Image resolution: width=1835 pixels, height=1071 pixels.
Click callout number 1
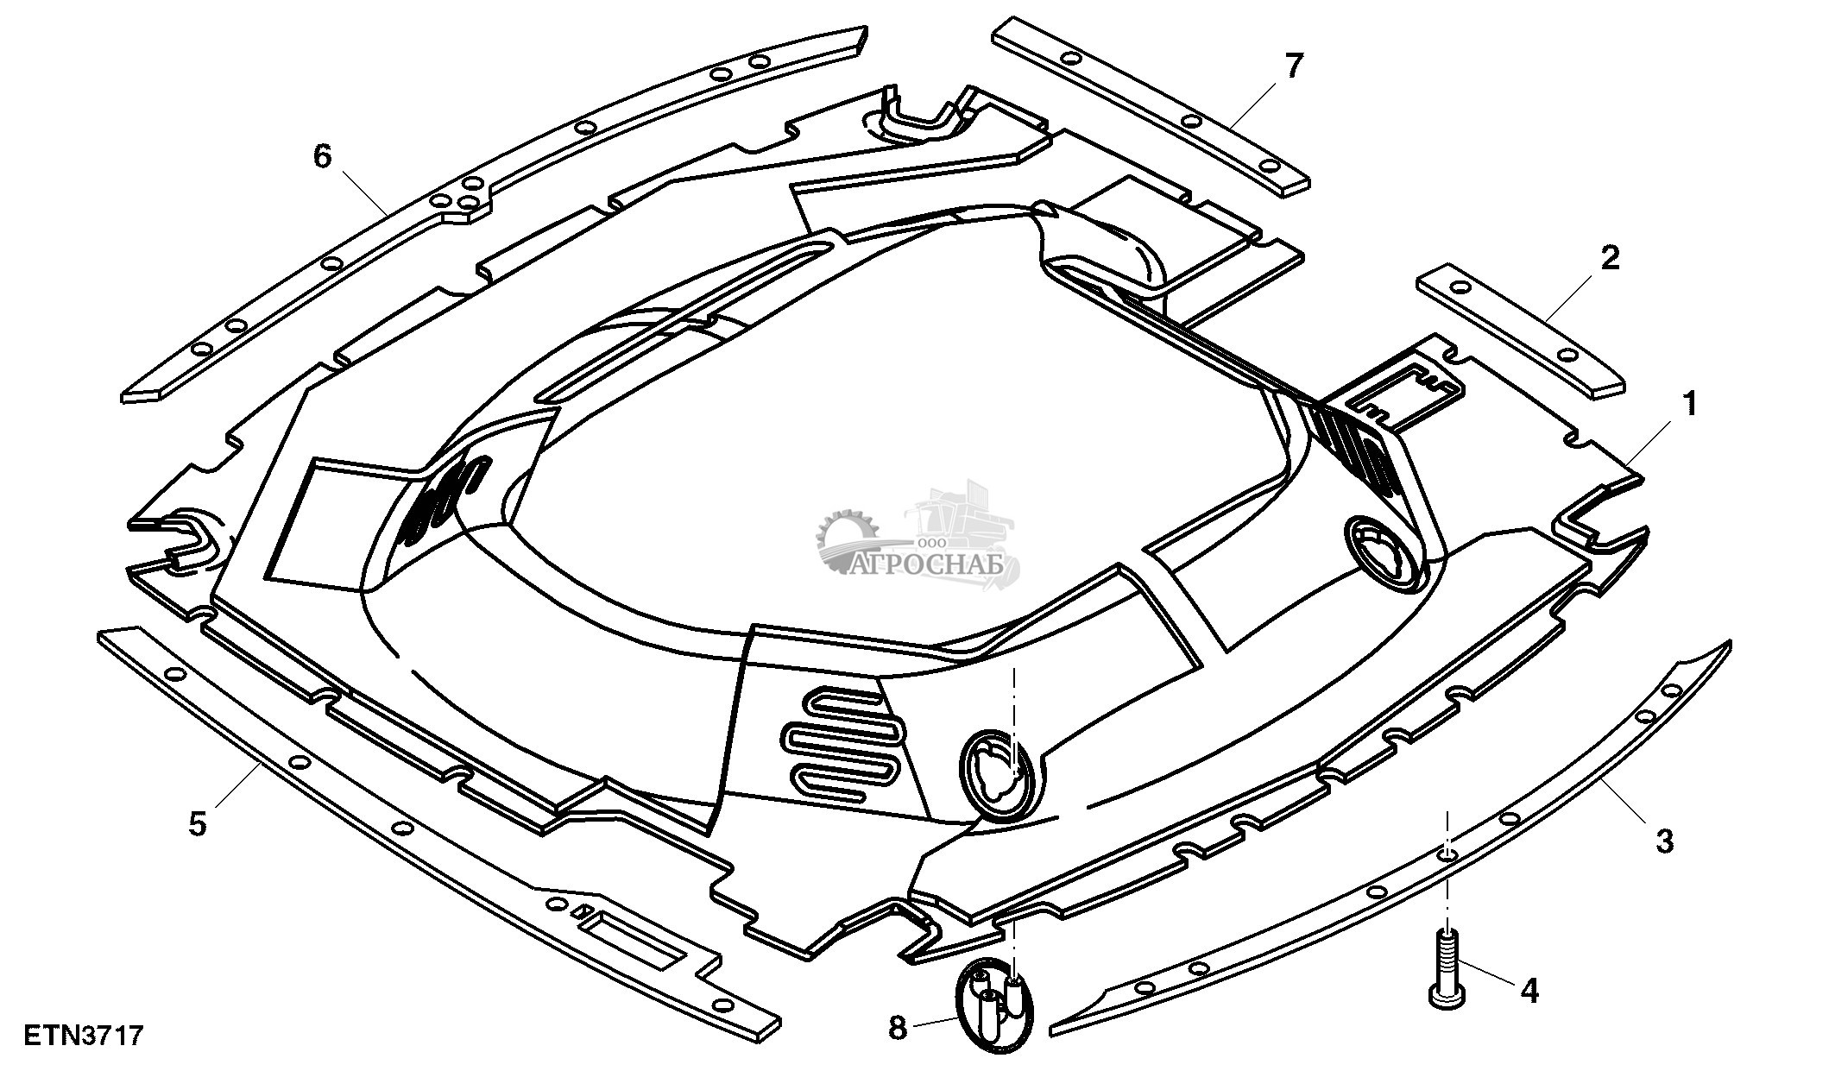(x=1689, y=404)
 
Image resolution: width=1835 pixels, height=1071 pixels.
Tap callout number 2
(x=1610, y=259)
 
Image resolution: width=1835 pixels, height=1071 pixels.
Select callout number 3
(x=1665, y=840)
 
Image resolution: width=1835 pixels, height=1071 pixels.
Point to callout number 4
(x=1529, y=991)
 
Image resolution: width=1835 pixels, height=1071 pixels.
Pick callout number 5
(x=198, y=824)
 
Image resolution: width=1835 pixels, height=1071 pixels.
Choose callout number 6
(x=322, y=157)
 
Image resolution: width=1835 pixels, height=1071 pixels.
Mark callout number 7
(x=1293, y=66)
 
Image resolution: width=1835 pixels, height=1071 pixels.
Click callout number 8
(x=898, y=1028)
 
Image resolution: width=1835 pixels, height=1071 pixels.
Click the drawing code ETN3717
(x=83, y=1035)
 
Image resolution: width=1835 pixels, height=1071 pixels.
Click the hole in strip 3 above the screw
(x=1448, y=854)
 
